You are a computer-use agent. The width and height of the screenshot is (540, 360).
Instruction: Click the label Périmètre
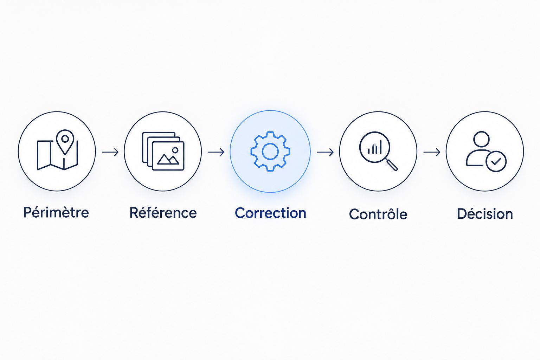56,212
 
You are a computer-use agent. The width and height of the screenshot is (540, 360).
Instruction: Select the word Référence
163,212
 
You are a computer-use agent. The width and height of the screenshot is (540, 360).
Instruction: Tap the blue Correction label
270,213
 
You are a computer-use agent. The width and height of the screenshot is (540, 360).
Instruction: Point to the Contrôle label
378,214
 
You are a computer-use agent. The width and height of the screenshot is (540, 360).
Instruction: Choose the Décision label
485,214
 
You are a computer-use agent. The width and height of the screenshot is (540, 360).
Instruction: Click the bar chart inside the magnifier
375,148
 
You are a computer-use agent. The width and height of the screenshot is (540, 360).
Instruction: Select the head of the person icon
481,139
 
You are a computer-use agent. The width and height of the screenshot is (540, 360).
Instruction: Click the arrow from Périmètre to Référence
110,152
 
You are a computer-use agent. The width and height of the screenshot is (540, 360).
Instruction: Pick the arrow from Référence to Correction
216,152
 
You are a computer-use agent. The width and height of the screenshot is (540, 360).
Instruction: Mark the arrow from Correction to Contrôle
325,152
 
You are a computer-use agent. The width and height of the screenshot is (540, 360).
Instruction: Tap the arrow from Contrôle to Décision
432,152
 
